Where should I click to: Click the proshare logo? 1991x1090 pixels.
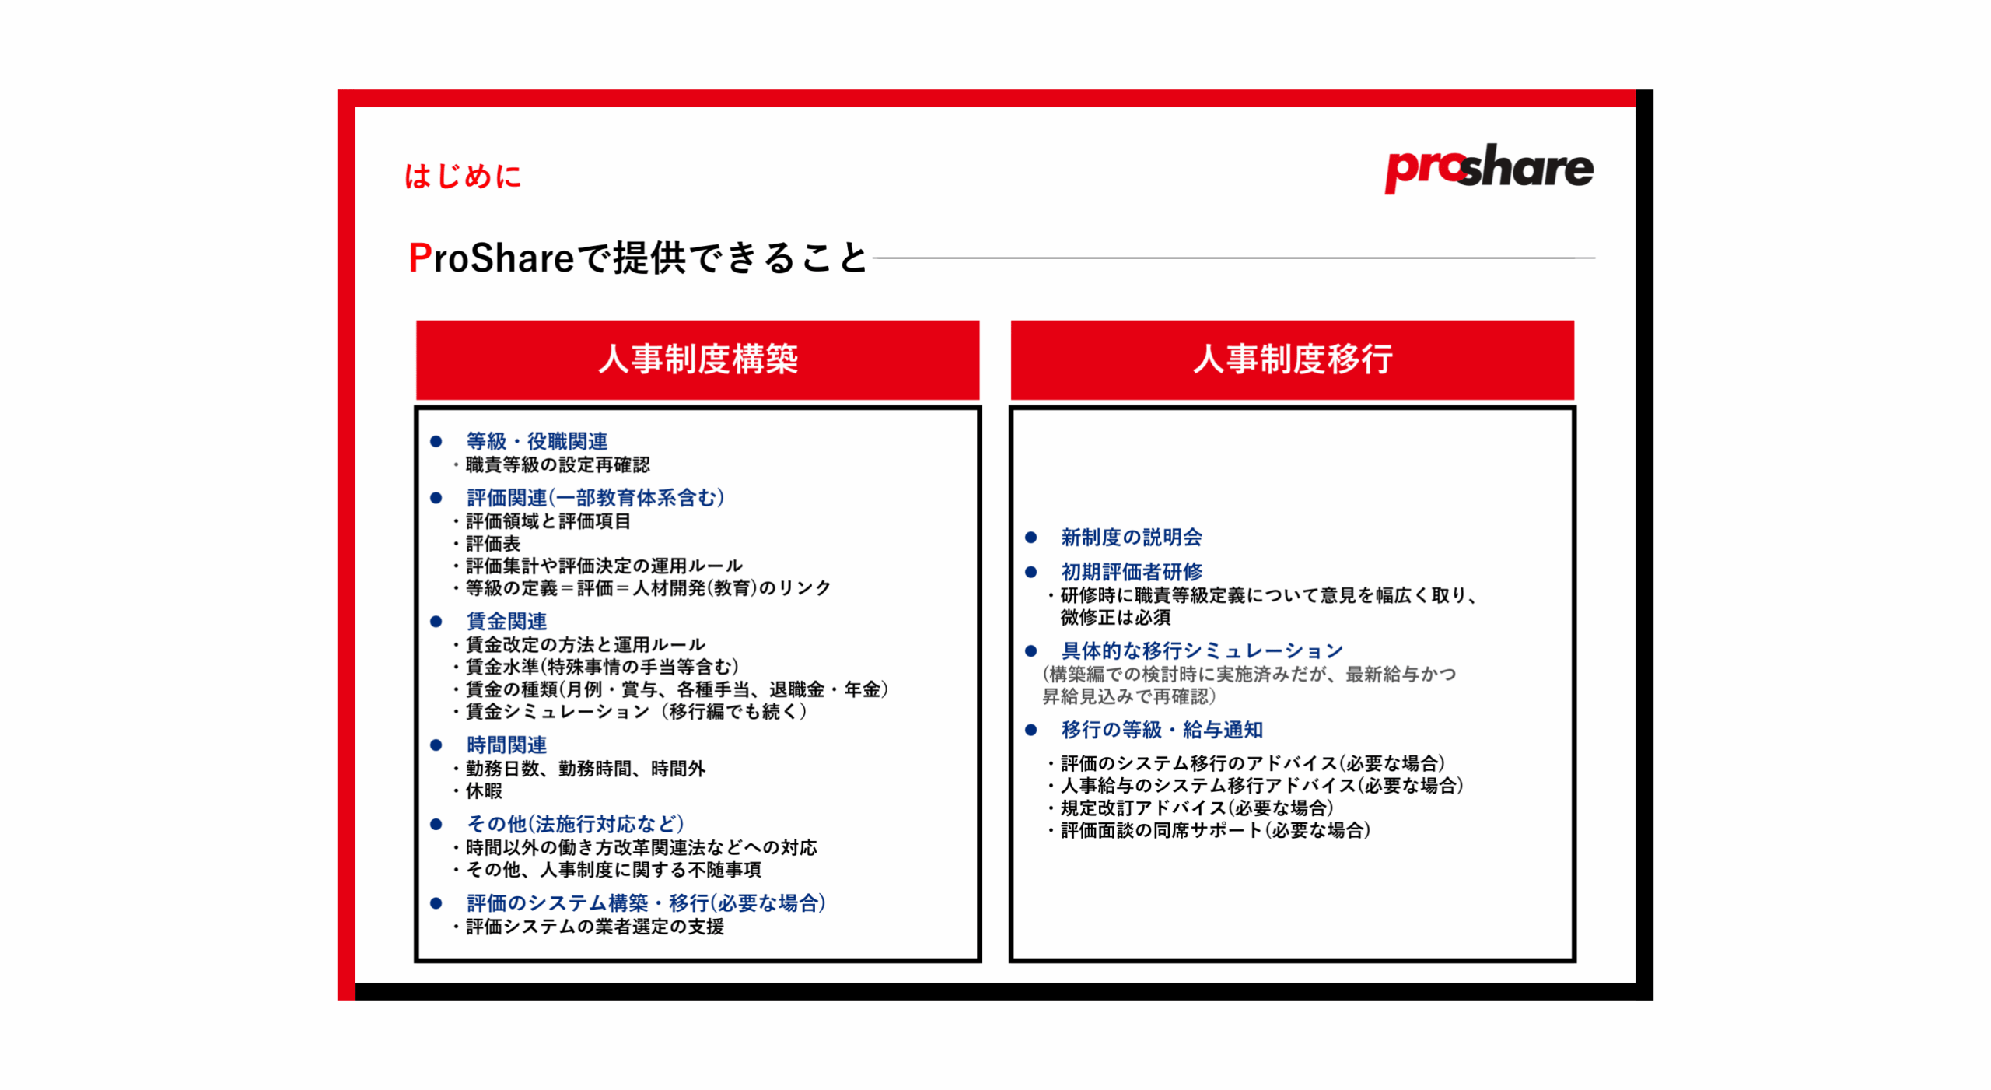click(1488, 167)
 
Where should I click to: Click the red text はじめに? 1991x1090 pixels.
click(463, 176)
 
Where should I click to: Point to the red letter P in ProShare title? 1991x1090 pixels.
click(420, 258)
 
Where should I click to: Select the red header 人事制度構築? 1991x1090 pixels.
click(697, 359)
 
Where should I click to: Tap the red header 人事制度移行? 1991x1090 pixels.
click(1292, 359)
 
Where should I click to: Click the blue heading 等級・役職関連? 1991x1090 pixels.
click(537, 441)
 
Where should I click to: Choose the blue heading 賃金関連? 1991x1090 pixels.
click(506, 621)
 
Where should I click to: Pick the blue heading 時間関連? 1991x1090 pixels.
click(506, 745)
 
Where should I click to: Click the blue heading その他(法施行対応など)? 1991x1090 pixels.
click(576, 823)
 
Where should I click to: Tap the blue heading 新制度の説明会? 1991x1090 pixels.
click(1132, 537)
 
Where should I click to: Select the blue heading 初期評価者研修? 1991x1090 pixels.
click(1132, 572)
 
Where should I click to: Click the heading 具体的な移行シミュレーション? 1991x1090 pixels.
click(1202, 650)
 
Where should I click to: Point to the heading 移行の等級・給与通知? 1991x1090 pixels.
click(1162, 730)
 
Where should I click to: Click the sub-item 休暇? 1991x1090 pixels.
click(484, 790)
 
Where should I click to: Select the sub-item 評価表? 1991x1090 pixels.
click(493, 543)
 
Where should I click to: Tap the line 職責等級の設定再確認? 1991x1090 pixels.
click(558, 464)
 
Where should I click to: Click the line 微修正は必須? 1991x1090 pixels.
click(1115, 617)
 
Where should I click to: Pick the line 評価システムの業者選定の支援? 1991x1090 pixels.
click(595, 926)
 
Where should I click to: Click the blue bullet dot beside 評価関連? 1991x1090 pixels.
click(436, 498)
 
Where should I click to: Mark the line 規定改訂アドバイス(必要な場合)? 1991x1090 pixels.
click(1197, 808)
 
